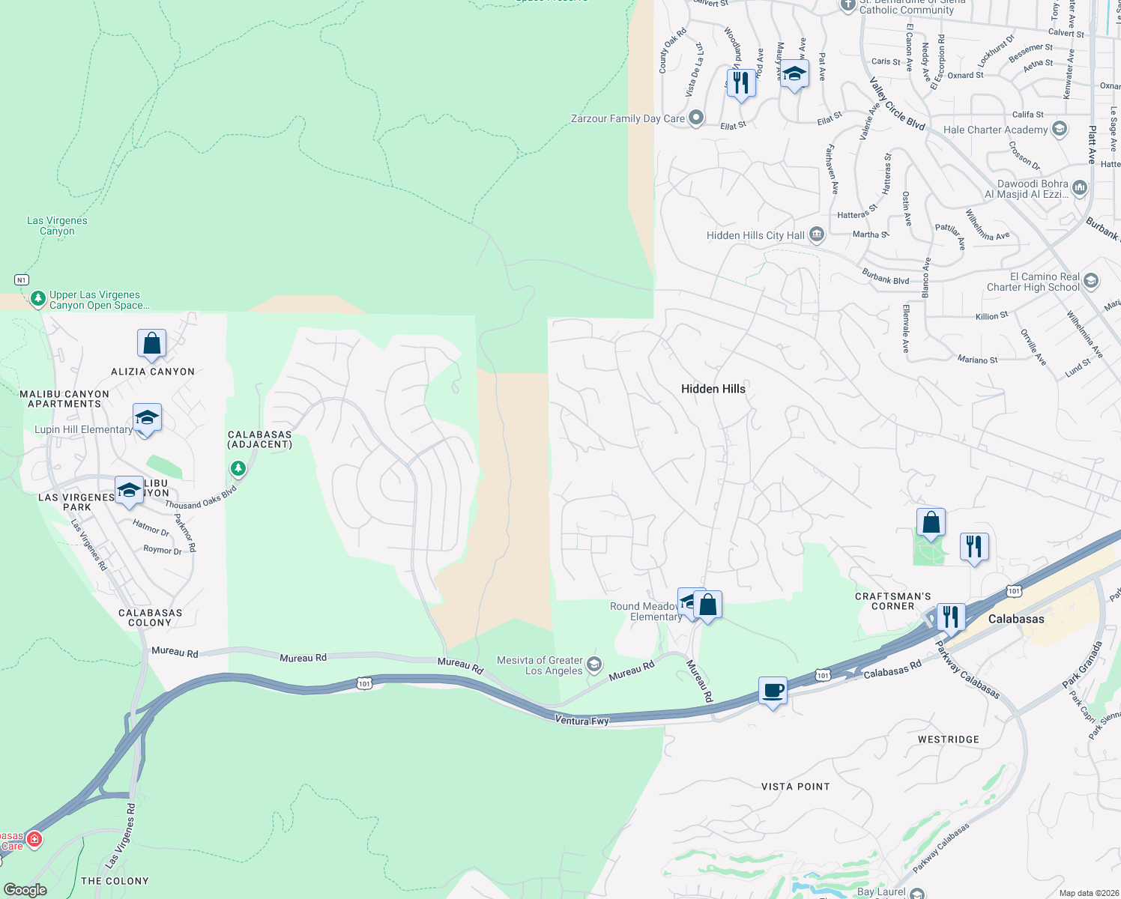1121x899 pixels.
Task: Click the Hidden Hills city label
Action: [x=713, y=388]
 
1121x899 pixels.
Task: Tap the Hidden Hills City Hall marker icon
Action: [x=817, y=235]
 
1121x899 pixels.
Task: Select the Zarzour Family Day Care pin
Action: [x=696, y=118]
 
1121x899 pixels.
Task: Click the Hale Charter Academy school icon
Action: [x=1059, y=129]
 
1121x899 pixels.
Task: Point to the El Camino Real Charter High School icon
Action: [x=1091, y=281]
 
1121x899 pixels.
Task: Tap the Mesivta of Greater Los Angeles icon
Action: [x=594, y=664]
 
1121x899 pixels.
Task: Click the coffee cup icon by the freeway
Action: [x=773, y=690]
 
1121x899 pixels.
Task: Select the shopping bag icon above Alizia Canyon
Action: [x=151, y=343]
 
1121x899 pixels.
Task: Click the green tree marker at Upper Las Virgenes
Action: [x=37, y=299]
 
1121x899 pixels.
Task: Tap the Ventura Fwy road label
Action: [x=581, y=720]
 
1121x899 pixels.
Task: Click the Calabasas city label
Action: [x=1015, y=619]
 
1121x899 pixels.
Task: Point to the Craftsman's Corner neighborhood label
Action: [x=892, y=601]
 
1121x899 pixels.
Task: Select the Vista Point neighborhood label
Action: [x=795, y=787]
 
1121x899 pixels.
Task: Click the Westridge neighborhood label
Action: [x=948, y=739]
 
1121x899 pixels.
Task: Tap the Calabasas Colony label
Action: [x=150, y=617]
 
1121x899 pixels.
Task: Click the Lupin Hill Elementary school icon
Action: [x=147, y=418]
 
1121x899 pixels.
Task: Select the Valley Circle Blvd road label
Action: [x=897, y=104]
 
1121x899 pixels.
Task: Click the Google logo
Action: [x=25, y=889]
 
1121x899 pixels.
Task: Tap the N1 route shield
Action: [x=22, y=279]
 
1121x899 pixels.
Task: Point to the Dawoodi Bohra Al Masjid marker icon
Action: [x=1079, y=187]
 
